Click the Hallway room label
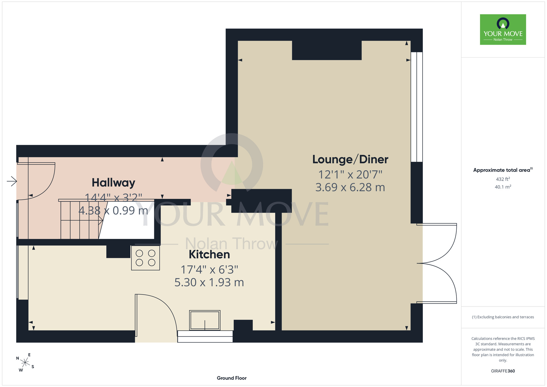click(x=114, y=183)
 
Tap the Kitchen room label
click(x=209, y=255)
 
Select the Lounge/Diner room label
click(x=350, y=159)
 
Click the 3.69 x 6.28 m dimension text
click(x=350, y=187)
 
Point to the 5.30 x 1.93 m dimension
click(x=209, y=282)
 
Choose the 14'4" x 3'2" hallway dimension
click(x=114, y=198)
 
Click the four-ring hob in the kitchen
click(x=146, y=258)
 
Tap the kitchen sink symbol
click(x=205, y=320)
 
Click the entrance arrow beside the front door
click(x=12, y=181)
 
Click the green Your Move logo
click(x=503, y=30)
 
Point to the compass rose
click(x=25, y=363)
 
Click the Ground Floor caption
click(x=232, y=378)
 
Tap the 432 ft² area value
click(x=503, y=179)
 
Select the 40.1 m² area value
click(x=503, y=187)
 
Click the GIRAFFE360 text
click(x=503, y=371)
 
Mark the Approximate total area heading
click(x=503, y=170)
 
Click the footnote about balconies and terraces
click(x=503, y=317)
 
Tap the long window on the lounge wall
click(x=417, y=107)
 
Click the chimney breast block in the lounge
click(x=327, y=50)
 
